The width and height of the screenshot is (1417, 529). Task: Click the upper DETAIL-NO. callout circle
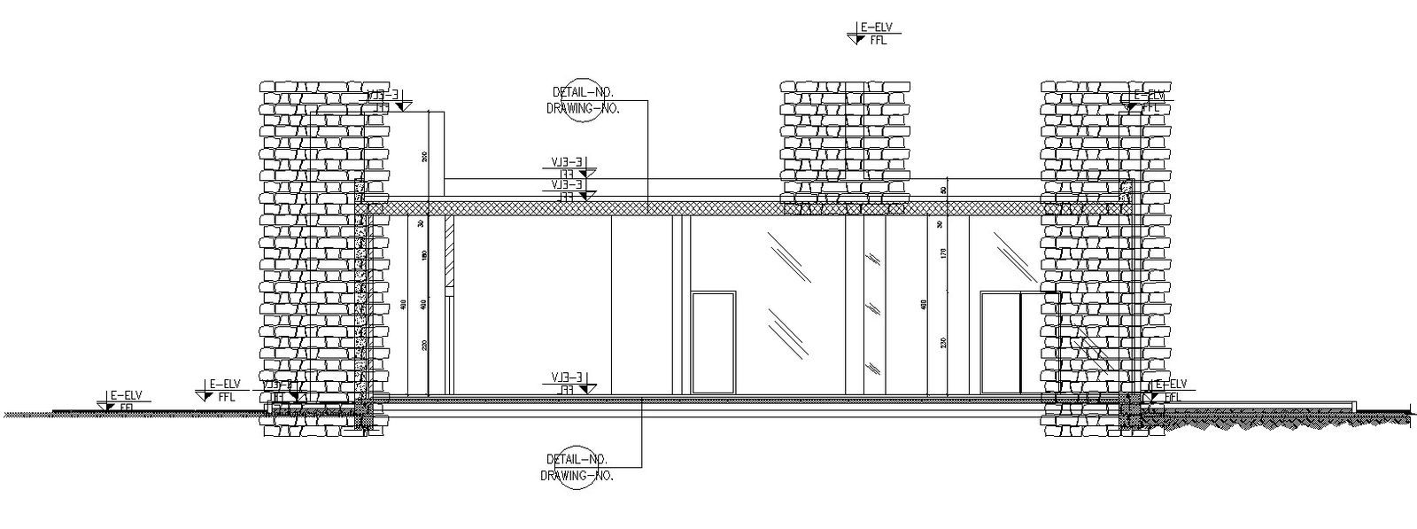click(584, 99)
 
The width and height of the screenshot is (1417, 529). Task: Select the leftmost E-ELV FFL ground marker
click(120, 400)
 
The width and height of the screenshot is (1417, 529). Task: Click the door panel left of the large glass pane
click(714, 343)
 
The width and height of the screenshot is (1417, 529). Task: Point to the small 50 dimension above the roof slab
click(944, 190)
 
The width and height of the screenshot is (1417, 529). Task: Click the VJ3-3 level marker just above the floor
click(568, 383)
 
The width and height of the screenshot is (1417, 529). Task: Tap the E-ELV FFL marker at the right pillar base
click(1170, 390)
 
